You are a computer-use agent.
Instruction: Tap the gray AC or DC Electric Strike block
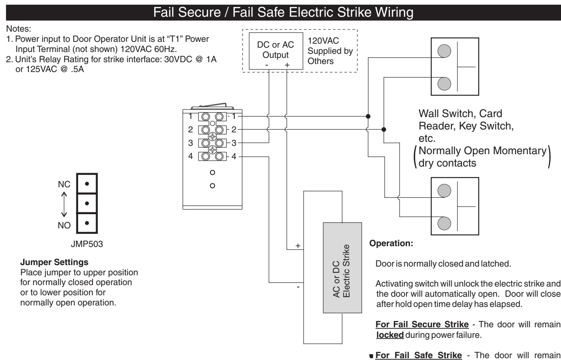(342, 268)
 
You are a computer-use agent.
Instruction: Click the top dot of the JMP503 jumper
(87, 184)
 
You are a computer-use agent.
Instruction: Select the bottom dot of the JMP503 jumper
(87, 223)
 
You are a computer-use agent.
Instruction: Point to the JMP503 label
(87, 244)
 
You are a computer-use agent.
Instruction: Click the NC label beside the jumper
(64, 184)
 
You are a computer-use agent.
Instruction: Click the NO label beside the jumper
(64, 225)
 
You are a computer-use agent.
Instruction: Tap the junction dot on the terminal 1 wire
(368, 116)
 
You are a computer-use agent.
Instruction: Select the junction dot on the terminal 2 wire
(384, 129)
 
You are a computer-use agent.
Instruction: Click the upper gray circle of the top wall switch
(444, 51)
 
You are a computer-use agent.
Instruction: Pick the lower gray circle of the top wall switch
(444, 84)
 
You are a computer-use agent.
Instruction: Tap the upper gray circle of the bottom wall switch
(444, 191)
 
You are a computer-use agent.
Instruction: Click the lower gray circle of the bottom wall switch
(444, 224)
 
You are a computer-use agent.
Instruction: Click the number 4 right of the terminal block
(234, 156)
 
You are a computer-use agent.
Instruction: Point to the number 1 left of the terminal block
(191, 116)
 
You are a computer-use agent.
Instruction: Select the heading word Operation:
(391, 243)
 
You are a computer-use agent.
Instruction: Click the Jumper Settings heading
(54, 262)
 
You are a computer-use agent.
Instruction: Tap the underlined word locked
(390, 335)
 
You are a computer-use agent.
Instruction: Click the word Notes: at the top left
(19, 29)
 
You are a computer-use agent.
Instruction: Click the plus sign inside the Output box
(287, 65)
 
